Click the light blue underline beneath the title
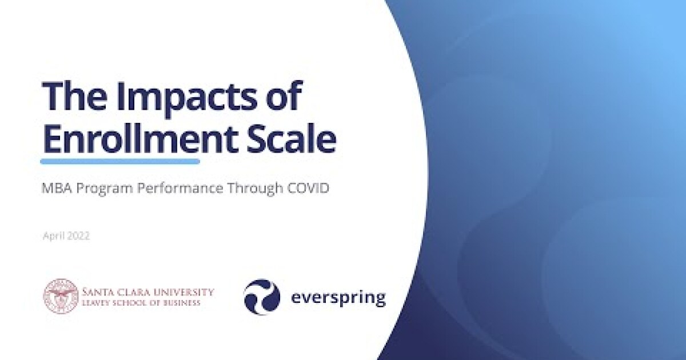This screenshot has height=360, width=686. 120,162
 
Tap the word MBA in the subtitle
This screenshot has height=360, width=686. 54,188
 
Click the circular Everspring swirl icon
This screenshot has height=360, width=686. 262,297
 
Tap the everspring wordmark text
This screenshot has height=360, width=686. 338,298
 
